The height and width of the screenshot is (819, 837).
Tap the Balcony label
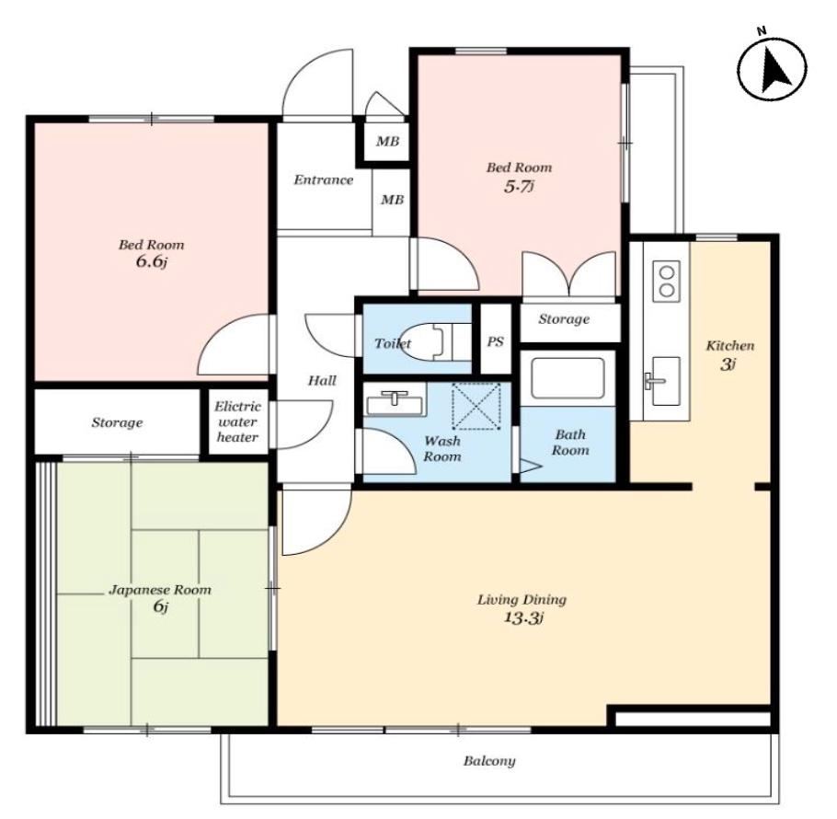pos(489,761)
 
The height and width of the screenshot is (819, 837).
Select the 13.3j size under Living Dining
pos(523,618)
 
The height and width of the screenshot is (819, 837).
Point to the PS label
pos(496,341)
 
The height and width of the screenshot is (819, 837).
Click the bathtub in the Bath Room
pos(568,378)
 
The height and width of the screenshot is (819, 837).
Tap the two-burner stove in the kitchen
pos(666,282)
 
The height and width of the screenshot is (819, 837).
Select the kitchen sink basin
pos(666,381)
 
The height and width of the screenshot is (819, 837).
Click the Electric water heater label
pos(237,421)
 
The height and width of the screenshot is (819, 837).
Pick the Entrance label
pos(324,180)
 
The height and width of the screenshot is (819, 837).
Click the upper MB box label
pos(387,142)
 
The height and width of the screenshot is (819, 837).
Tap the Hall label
pos(322,381)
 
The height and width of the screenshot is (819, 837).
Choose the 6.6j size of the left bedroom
pos(152,262)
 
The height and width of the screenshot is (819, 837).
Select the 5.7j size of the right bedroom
pos(519,187)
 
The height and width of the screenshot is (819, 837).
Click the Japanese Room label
pos(160,590)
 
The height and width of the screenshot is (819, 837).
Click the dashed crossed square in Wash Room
pos(476,406)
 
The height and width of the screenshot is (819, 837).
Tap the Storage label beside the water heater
pos(117,423)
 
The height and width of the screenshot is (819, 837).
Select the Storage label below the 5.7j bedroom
pos(564,319)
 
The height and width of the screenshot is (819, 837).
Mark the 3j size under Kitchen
pos(728,364)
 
